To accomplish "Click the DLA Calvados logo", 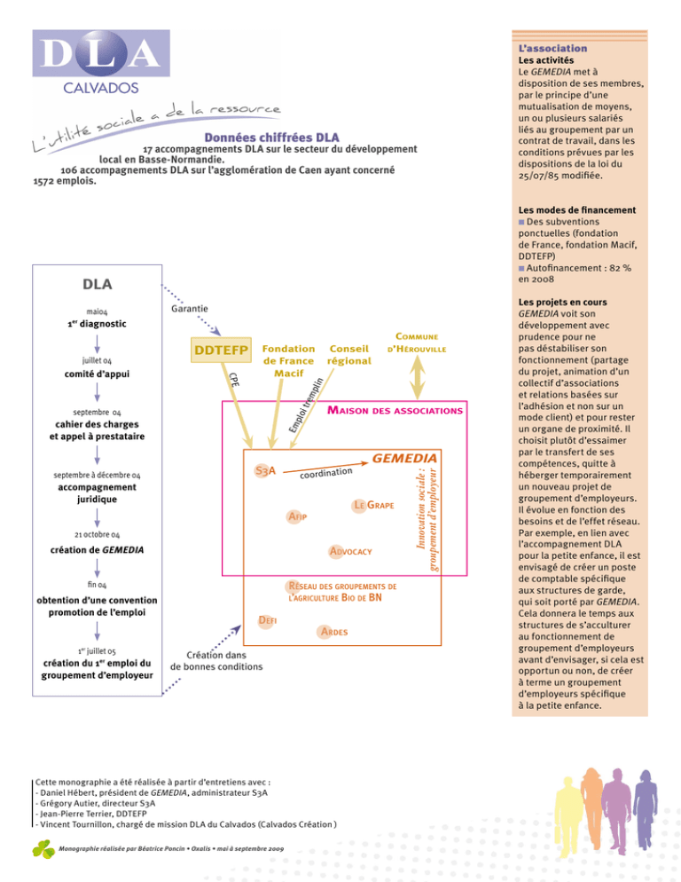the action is (101, 62).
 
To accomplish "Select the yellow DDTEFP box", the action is (221, 350).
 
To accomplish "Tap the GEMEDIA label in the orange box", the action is (404, 459).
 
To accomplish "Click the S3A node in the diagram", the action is (265, 470).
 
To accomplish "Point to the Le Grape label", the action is (373, 505).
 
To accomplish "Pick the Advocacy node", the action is (350, 551).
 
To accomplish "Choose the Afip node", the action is (297, 516).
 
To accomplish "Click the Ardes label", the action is (334, 632).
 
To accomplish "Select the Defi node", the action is (267, 620).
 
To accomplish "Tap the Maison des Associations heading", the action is (395, 411).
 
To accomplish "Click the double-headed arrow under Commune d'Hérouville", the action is (417, 377).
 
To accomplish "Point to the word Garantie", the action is (190, 309).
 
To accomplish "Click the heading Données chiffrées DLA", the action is (271, 138).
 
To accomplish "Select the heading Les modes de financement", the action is (577, 209).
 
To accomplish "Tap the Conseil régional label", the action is (349, 355).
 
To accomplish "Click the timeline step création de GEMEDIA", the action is (97, 549).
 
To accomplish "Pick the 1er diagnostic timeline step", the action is (97, 324).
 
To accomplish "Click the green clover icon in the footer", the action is (43, 849).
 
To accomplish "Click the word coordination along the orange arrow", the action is (326, 473).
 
